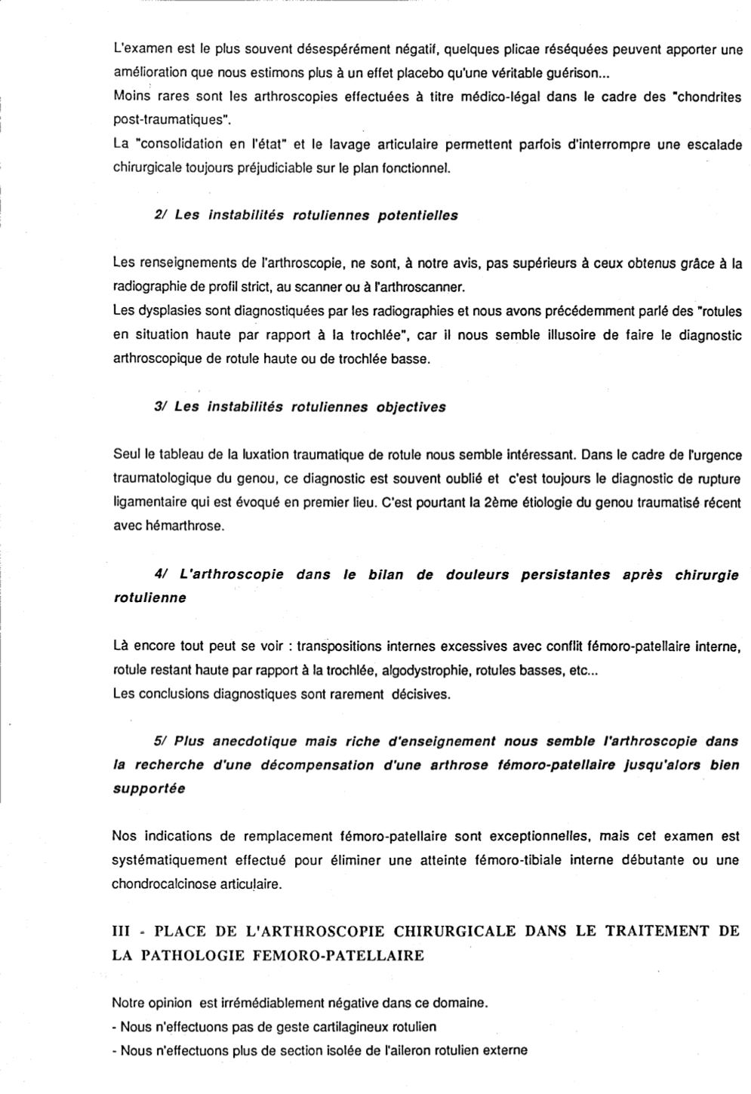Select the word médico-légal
point(471,97)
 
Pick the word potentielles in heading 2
point(418,215)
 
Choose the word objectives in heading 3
point(406,407)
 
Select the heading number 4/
point(160,574)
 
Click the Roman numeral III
point(122,931)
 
